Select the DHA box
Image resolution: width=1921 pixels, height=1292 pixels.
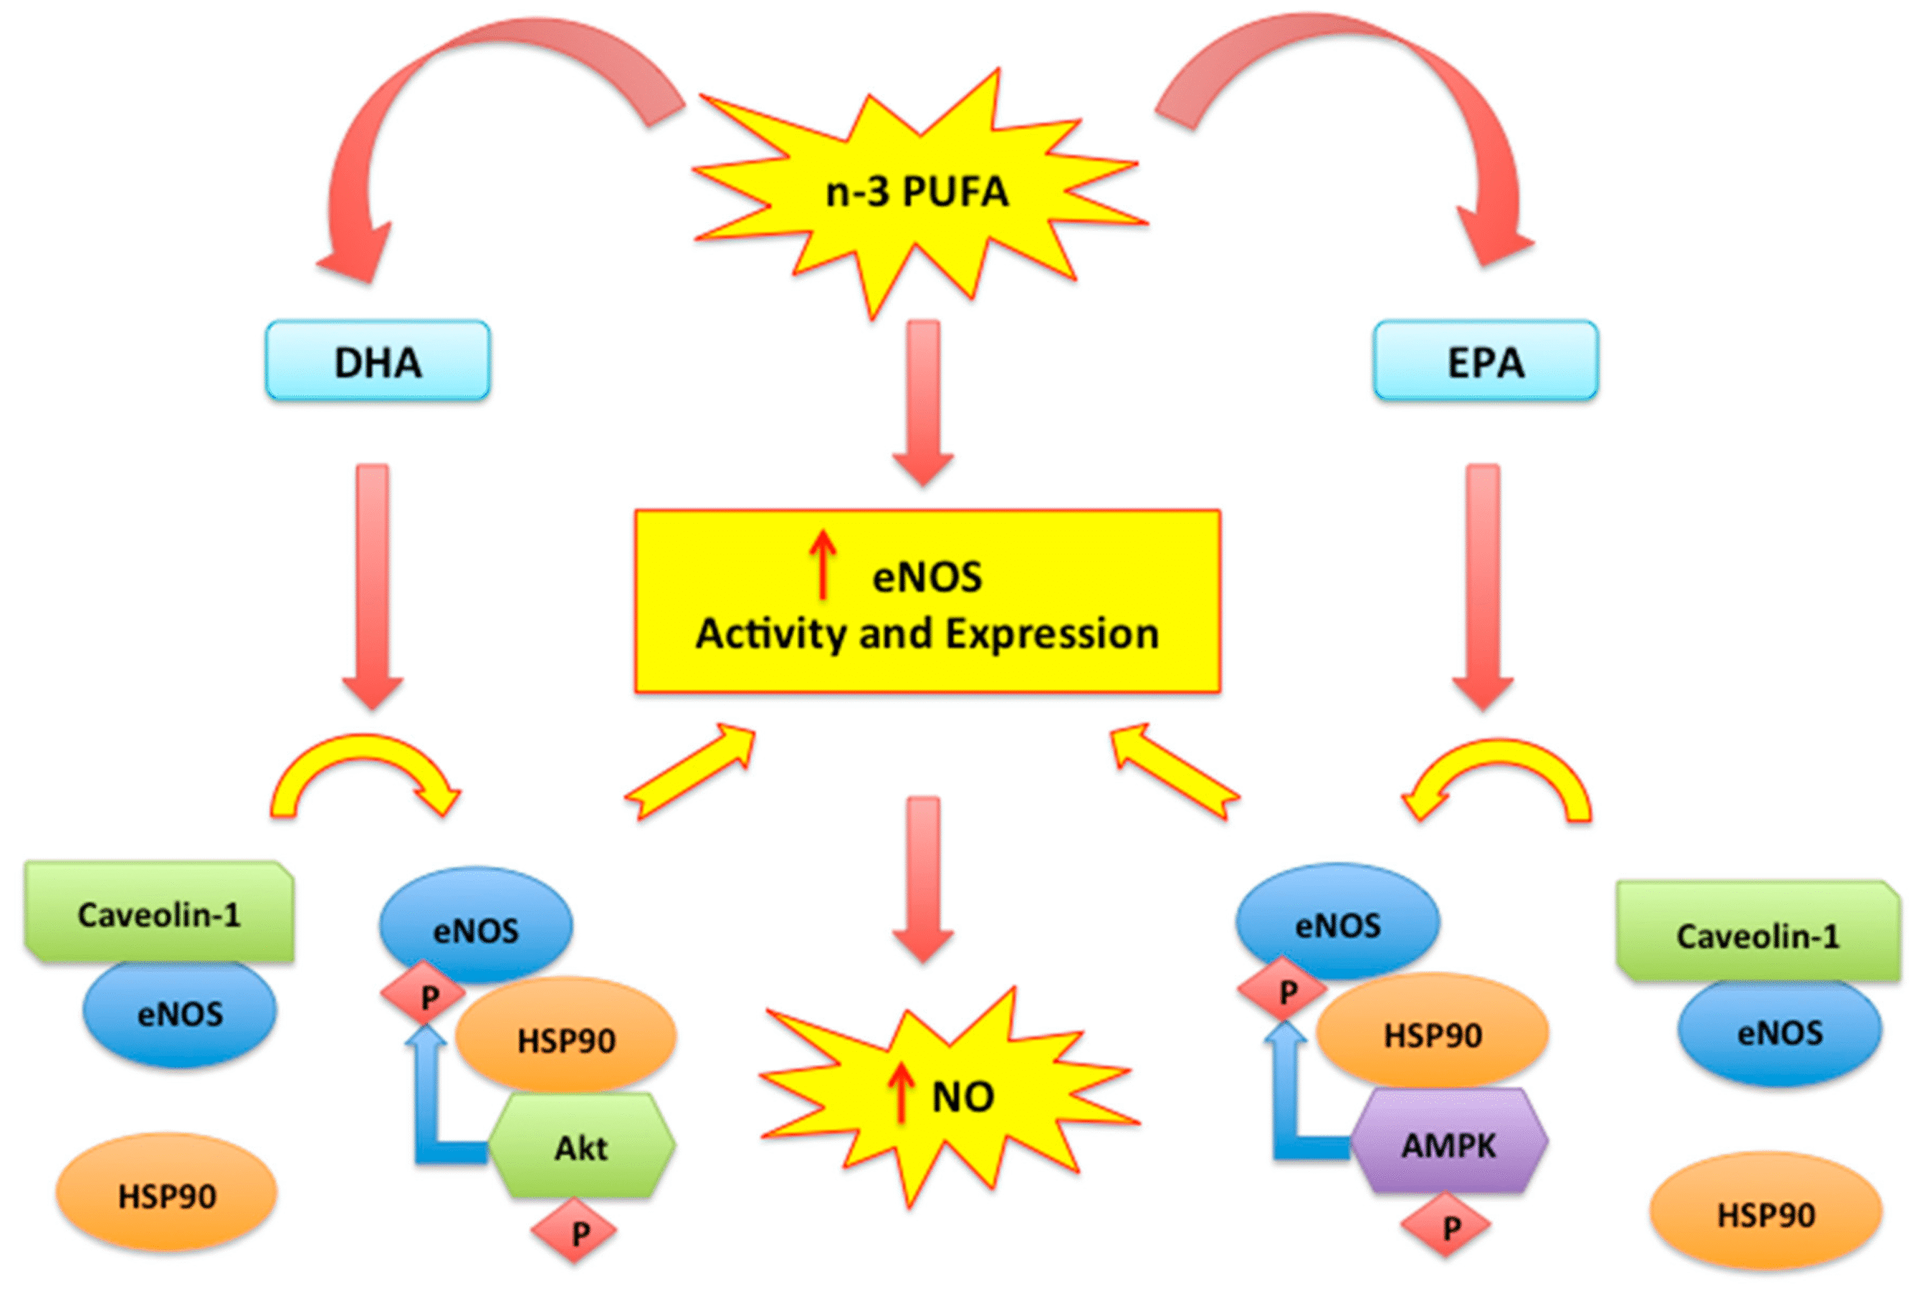[377, 362]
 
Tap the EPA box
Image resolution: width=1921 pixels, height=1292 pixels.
[1485, 362]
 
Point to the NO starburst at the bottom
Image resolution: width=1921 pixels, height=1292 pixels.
[948, 1096]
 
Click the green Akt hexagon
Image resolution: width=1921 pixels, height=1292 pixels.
[582, 1146]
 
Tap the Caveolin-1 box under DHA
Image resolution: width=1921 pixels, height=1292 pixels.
[159, 913]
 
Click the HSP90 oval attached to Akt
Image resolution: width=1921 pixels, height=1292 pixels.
[566, 1039]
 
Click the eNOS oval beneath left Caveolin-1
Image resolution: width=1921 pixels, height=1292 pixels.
[179, 1014]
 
